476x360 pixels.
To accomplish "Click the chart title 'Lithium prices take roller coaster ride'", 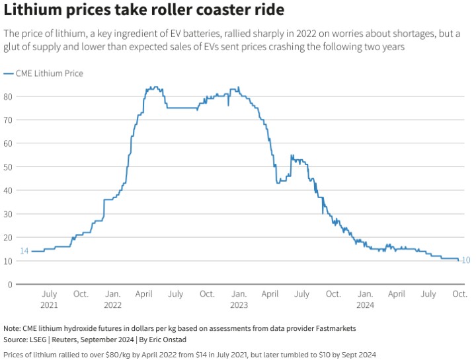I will [144, 11].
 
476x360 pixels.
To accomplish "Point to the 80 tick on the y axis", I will [9, 96].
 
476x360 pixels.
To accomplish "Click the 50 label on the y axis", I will [9, 167].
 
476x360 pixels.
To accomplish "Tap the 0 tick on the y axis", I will [11, 285].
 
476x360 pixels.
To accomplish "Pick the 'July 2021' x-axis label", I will [49, 299].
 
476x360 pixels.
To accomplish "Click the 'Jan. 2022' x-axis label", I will [112, 299].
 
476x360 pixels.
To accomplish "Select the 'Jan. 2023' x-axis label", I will [239, 299].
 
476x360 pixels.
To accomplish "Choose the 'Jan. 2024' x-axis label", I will [365, 299].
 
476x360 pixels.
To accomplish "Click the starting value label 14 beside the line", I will [24, 251].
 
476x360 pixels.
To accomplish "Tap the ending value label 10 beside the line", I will [465, 260].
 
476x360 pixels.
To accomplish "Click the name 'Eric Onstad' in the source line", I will [169, 339].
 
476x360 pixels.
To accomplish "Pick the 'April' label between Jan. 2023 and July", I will [270, 294].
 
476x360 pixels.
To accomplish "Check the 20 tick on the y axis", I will [9, 238].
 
